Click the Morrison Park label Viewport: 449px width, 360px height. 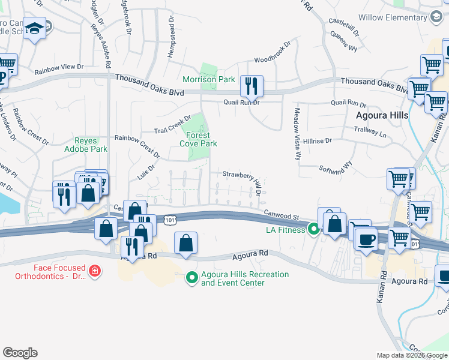[208, 79]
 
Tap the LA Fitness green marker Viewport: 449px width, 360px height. [313, 229]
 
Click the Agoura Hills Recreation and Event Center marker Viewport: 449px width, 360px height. [192, 277]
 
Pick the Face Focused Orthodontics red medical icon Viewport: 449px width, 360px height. [94, 272]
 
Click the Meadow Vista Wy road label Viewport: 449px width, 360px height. [297, 134]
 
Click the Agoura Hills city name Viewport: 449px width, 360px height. [382, 115]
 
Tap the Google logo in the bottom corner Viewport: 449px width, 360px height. [20, 353]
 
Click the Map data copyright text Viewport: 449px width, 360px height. [411, 355]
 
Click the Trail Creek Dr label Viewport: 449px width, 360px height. [172, 124]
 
